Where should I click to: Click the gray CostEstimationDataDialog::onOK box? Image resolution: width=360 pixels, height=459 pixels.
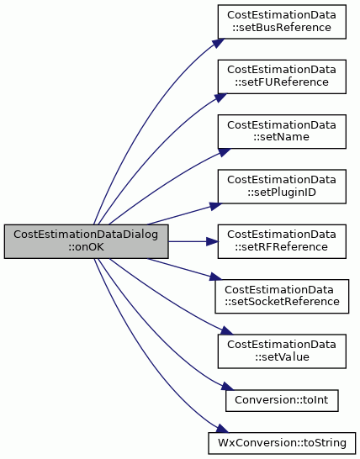(86, 241)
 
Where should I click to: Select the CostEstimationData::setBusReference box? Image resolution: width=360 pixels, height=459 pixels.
(282, 21)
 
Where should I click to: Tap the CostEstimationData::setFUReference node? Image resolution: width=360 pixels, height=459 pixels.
(282, 76)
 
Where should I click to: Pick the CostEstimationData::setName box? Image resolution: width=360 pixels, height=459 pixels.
(282, 131)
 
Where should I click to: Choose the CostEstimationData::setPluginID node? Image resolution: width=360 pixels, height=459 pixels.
(282, 187)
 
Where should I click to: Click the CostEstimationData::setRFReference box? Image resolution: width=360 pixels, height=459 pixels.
(282, 241)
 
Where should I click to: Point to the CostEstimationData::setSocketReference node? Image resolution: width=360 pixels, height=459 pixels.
(282, 296)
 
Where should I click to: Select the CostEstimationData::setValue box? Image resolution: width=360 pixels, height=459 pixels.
(282, 351)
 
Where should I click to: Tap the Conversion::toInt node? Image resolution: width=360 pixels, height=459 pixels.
(282, 400)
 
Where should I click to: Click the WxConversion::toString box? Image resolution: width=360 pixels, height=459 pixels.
(282, 443)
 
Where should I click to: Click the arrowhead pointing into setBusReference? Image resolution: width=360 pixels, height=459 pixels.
(218, 43)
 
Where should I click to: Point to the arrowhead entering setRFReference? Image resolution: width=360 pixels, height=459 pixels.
(212, 241)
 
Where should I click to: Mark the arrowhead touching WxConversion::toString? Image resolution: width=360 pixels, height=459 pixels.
(222, 429)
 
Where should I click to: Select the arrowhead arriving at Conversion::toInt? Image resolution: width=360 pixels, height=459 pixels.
(228, 386)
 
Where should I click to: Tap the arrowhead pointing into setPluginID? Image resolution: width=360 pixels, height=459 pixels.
(216, 205)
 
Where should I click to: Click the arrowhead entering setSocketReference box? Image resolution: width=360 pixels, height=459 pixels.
(216, 277)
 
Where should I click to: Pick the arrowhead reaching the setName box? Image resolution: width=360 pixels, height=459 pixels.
(224, 152)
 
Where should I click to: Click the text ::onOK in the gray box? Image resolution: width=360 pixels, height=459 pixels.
(86, 247)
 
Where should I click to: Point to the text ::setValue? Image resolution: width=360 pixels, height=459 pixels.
(282, 356)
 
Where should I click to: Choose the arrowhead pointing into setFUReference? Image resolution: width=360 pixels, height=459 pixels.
(220, 98)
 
